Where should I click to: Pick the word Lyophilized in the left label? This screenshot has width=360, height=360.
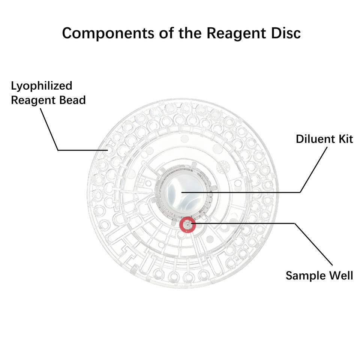tap(41, 86)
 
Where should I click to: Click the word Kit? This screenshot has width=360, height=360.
tap(344, 139)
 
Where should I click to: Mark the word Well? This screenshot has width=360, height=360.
tap(340, 276)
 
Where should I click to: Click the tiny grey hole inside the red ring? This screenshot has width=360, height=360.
tap(187, 224)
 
